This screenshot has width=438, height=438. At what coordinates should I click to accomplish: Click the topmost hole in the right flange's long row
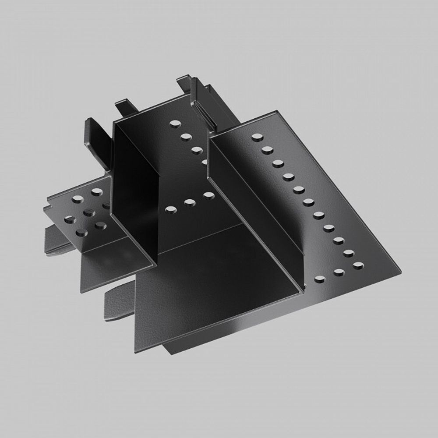(x=257, y=137)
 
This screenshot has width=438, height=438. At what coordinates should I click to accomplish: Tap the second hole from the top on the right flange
(x=267, y=150)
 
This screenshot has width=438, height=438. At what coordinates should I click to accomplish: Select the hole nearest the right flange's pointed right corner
(x=358, y=265)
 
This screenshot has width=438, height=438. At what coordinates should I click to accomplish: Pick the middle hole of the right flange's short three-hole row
(x=339, y=272)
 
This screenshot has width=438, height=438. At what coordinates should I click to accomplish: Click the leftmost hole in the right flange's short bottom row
(x=320, y=279)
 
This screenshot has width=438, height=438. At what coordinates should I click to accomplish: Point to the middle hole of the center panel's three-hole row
(x=190, y=202)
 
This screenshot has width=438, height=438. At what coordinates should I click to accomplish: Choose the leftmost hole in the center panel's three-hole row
(x=170, y=209)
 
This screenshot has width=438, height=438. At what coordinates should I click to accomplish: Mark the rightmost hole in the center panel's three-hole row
(x=208, y=195)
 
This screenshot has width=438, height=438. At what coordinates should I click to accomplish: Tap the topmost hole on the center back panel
(x=175, y=124)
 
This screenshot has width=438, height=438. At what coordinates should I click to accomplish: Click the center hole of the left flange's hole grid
(x=89, y=213)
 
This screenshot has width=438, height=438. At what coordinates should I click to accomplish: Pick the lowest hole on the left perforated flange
(x=81, y=232)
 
